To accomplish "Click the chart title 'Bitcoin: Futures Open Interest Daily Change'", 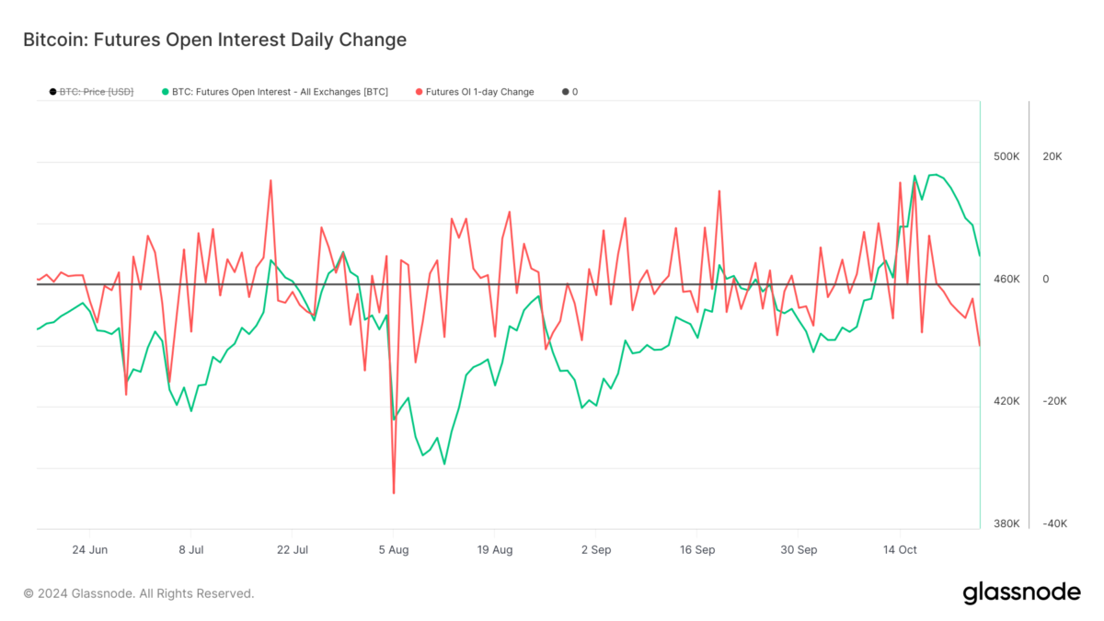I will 213,40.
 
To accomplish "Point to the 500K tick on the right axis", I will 1006,156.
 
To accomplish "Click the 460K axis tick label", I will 1006,279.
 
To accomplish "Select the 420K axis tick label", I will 1006,401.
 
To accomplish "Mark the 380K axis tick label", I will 1006,523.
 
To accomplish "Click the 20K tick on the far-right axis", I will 1052,156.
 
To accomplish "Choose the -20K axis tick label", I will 1053,401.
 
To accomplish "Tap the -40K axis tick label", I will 1053,523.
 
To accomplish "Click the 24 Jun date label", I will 89,550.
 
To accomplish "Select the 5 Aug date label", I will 394,550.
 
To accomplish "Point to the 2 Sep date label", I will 596,550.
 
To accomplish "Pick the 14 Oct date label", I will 900,550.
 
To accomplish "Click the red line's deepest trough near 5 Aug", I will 394,493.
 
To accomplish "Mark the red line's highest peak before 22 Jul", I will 270,180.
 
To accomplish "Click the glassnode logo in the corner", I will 1021,593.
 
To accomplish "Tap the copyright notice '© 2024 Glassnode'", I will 139,593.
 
